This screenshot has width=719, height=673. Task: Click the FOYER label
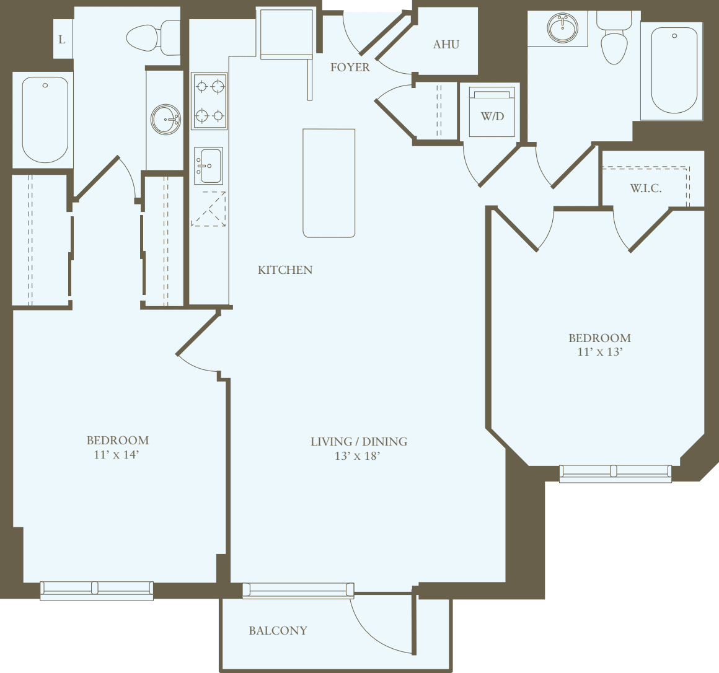click(350, 67)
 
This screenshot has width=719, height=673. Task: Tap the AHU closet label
click(446, 44)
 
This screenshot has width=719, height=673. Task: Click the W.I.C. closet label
click(645, 188)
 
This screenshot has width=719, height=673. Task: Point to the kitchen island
click(329, 183)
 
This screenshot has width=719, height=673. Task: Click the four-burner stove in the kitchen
click(209, 100)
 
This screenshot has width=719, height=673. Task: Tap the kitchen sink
click(208, 165)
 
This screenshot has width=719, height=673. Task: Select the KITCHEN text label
click(285, 270)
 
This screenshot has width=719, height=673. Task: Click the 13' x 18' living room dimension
click(357, 456)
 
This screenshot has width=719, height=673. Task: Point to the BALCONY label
click(278, 630)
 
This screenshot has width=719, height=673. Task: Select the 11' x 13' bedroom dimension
click(599, 352)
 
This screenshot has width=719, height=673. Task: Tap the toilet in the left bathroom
click(151, 38)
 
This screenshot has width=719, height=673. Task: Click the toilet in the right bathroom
click(614, 40)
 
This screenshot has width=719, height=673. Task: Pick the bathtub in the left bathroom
click(45, 120)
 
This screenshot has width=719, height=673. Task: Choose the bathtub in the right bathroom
click(673, 70)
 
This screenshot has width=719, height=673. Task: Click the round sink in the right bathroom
click(563, 28)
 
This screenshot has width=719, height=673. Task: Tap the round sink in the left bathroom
click(165, 119)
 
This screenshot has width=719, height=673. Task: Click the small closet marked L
click(62, 40)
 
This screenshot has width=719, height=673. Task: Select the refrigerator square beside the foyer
click(286, 33)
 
